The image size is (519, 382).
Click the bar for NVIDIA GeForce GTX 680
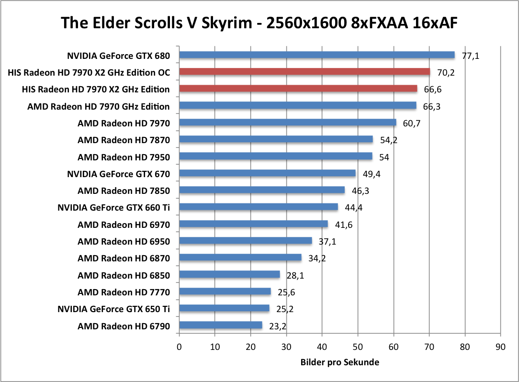[x=316, y=55]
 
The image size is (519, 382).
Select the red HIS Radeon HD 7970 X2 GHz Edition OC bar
[x=305, y=72]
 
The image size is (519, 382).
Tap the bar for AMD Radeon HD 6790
[x=221, y=326]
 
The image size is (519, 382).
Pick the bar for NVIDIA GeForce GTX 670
[x=267, y=173]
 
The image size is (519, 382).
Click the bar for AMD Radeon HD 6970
[x=253, y=224]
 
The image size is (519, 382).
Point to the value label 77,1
[x=470, y=56]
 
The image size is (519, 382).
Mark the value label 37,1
[x=327, y=241]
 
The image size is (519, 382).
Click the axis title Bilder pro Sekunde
[x=340, y=362]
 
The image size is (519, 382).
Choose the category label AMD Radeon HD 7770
[x=124, y=292]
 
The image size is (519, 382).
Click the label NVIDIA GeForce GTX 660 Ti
[x=113, y=207]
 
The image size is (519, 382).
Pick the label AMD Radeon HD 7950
[x=124, y=157]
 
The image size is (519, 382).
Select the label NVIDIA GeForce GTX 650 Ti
[x=113, y=309]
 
